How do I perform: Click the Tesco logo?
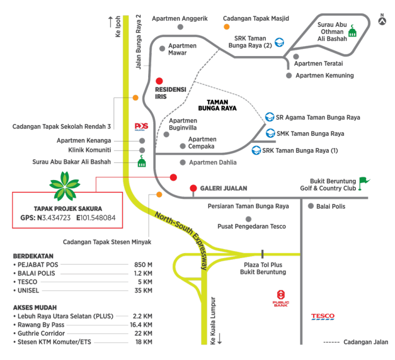323,316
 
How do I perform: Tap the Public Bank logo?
280,298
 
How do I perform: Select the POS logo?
141,126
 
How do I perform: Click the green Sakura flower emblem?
64,186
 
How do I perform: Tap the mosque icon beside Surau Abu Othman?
352,31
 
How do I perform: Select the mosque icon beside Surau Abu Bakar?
142,162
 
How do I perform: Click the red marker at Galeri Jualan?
193,188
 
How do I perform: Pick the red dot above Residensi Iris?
159,81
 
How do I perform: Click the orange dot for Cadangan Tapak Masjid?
226,26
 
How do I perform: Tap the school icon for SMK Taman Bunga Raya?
270,134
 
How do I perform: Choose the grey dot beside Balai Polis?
311,206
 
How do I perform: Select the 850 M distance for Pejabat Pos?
139,265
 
